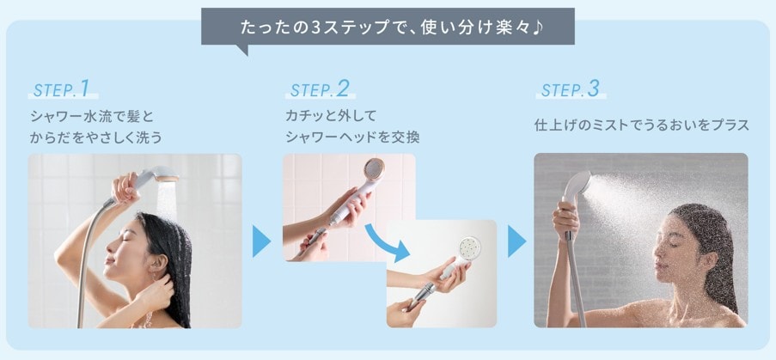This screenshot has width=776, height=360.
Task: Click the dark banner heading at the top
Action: coord(388,24)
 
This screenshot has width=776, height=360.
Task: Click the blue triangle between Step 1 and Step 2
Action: coord(261,241)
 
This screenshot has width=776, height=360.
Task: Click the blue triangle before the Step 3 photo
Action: coord(516,241)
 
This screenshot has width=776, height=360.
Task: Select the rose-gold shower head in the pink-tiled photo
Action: coord(373,173)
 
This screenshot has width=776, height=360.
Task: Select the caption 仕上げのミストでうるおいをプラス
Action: coord(641,125)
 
